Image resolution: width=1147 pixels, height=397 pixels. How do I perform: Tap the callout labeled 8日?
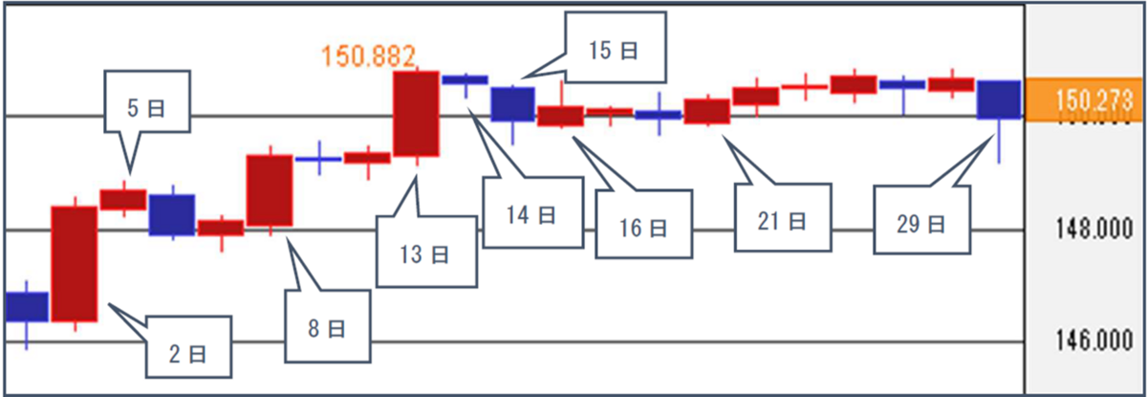point(327,328)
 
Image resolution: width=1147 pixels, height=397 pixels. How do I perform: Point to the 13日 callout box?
point(427,254)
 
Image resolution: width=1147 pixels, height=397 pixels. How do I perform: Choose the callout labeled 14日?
point(530,213)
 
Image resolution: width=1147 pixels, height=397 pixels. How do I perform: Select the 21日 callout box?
point(783,221)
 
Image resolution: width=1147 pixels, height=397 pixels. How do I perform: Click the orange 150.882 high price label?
point(371,55)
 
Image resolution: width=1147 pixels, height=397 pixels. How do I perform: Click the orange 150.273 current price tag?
point(1085,99)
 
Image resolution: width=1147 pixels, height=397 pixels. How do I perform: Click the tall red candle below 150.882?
point(417,113)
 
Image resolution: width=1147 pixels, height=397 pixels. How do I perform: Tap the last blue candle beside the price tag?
point(999,99)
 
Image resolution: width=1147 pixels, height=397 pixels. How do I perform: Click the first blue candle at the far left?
point(26,306)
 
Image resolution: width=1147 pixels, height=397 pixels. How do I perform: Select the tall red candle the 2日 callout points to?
point(74,263)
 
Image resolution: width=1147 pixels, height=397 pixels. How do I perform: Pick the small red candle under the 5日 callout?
point(123,199)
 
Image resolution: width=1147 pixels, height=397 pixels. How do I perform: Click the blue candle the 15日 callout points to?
point(512,103)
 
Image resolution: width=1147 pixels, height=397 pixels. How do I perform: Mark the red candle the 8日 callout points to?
point(270,189)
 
